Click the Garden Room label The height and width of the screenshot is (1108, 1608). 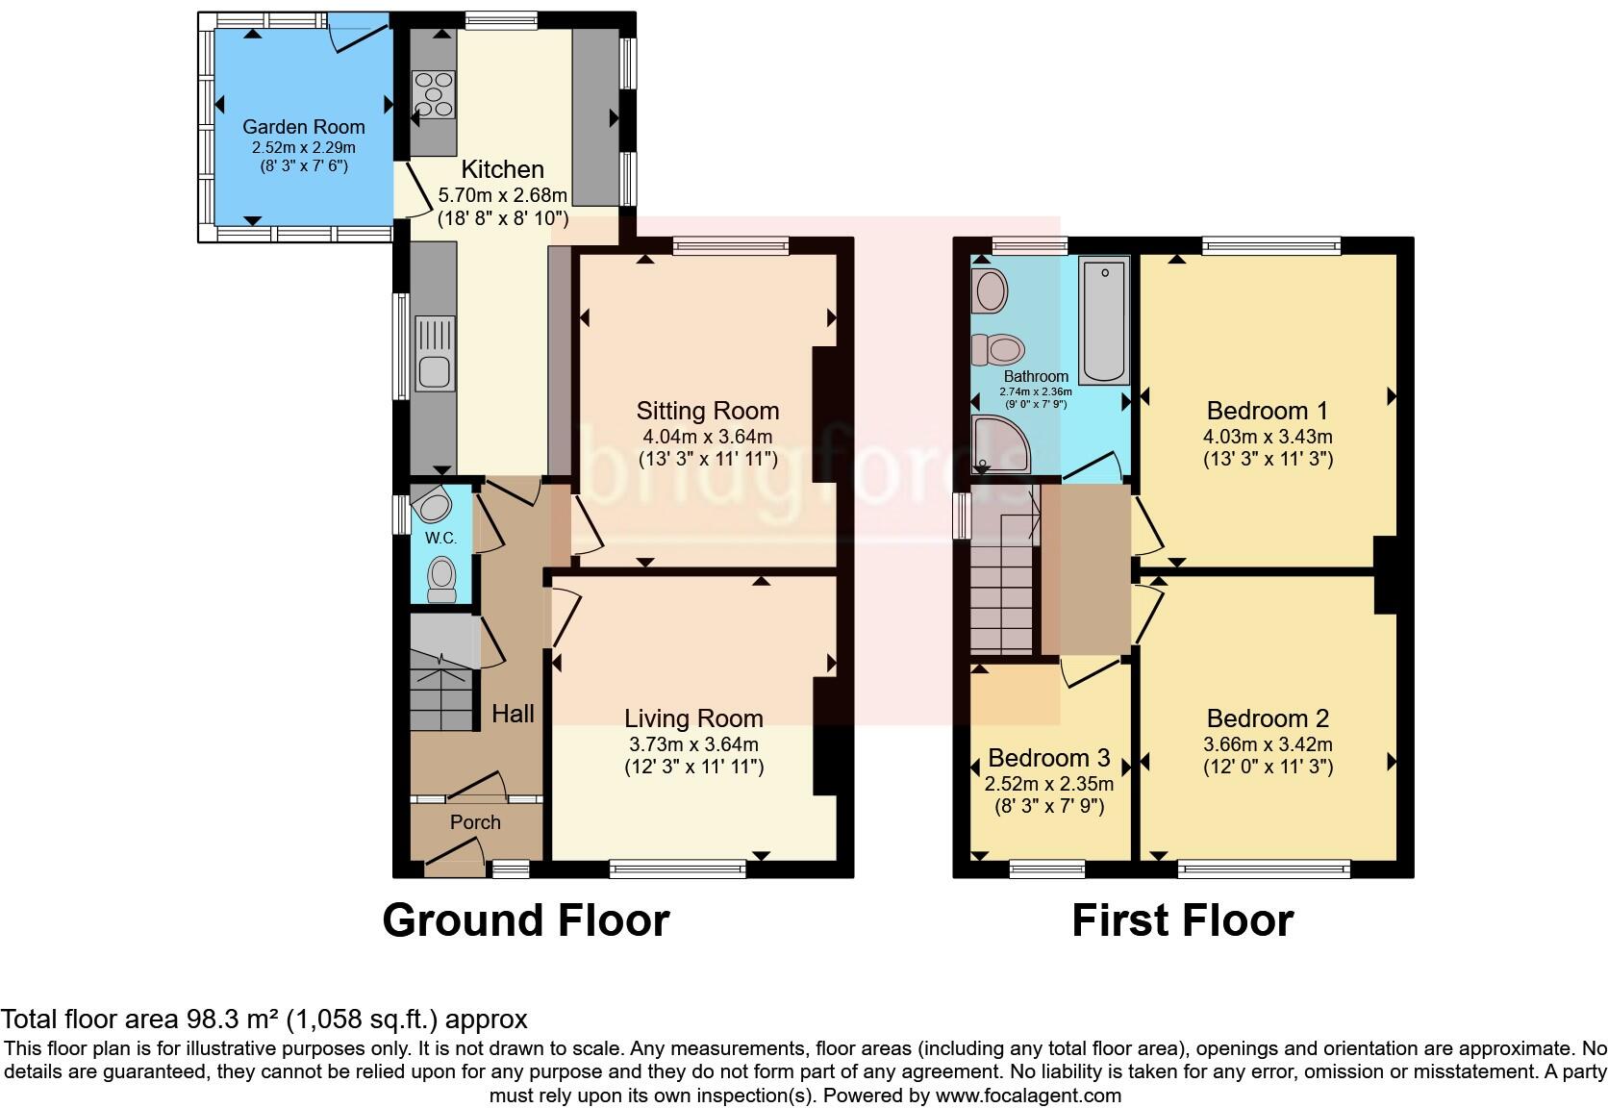pyautogui.click(x=303, y=127)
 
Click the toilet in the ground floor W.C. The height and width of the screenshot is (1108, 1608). pyautogui.click(x=441, y=579)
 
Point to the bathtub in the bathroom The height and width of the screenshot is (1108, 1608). pyautogui.click(x=1104, y=320)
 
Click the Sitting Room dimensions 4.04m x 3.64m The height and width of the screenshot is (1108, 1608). pyautogui.click(x=707, y=436)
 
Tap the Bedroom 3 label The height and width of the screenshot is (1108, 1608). pyautogui.click(x=1048, y=758)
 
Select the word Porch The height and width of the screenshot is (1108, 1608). pyautogui.click(x=475, y=822)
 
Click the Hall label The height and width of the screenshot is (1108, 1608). pyautogui.click(x=513, y=714)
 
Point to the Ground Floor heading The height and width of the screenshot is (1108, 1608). pyautogui.click(x=525, y=920)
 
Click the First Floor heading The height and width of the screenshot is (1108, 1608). pyautogui.click(x=1182, y=920)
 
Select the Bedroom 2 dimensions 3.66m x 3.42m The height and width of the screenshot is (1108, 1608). pyautogui.click(x=1268, y=744)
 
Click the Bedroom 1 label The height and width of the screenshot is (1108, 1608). pyautogui.click(x=1267, y=411)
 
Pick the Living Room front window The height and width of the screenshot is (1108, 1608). pyautogui.click(x=678, y=870)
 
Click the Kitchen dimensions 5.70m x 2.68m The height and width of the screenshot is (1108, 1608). pyautogui.click(x=502, y=195)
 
